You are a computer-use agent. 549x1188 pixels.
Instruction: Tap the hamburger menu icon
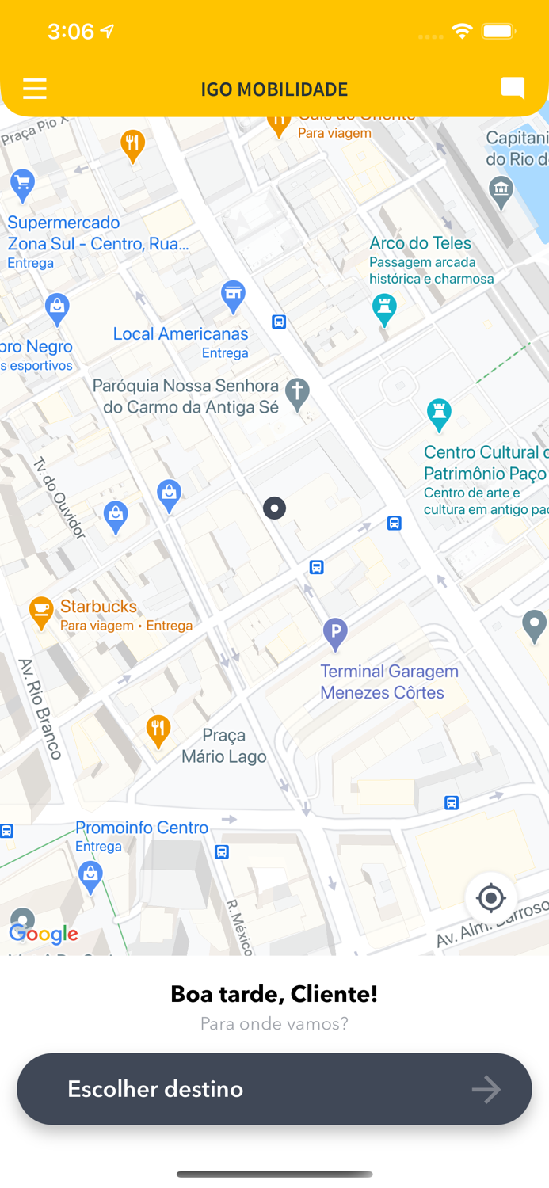[x=35, y=89]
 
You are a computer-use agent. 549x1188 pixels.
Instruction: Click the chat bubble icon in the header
[x=513, y=88]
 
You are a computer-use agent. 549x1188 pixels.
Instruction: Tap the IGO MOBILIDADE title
[x=274, y=89]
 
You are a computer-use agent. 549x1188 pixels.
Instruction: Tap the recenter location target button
[x=490, y=898]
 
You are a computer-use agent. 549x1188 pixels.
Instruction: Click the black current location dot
[x=274, y=508]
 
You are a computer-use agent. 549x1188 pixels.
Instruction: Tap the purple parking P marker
[x=335, y=634]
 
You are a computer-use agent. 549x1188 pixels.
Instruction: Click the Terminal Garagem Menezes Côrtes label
[x=389, y=682]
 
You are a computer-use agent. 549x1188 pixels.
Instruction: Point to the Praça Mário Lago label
[x=223, y=746]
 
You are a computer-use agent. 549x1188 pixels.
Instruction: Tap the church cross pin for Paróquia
[x=297, y=393]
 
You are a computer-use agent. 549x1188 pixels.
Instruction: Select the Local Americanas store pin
[x=233, y=296]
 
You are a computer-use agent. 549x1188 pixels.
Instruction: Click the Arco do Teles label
[x=420, y=243]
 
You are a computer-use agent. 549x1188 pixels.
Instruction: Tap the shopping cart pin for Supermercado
[x=22, y=184]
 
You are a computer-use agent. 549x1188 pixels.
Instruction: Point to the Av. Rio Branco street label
[x=40, y=709]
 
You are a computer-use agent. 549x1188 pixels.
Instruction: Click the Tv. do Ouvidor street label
[x=59, y=497]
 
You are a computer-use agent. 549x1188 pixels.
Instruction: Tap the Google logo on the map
[x=44, y=935]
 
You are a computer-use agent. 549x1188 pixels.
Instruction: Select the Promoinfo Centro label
[x=142, y=828]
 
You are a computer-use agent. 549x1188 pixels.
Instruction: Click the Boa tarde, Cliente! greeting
[x=274, y=994]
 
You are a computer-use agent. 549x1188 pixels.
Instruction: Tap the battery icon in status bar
[x=498, y=32]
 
